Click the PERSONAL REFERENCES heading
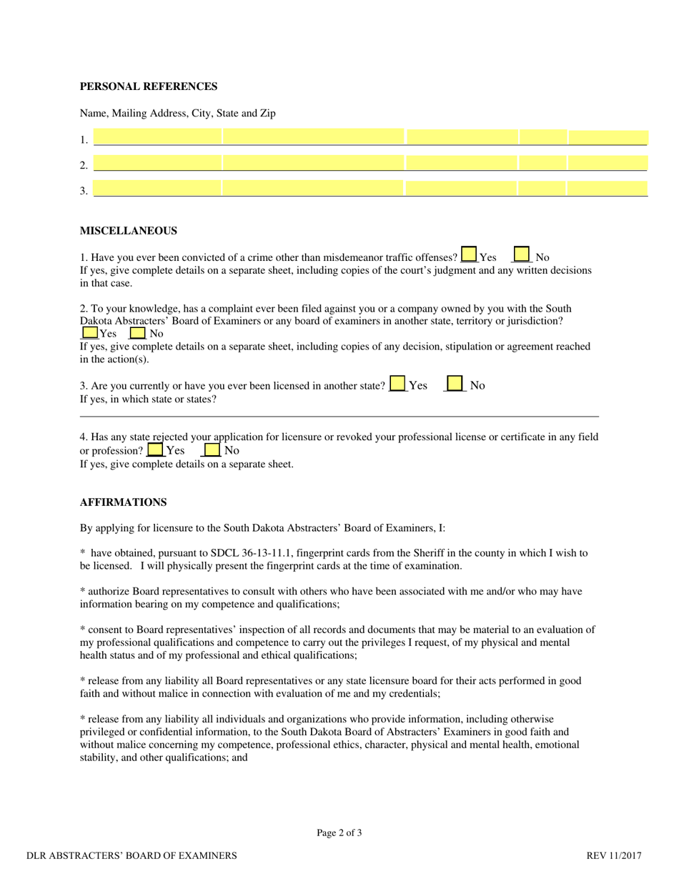point(149,86)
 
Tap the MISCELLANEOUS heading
point(128,231)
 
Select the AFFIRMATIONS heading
point(123,502)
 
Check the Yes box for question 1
point(469,255)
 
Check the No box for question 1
point(522,255)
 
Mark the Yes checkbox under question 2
point(90,332)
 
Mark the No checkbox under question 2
point(138,333)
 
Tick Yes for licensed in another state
point(398,384)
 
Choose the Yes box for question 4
point(155,450)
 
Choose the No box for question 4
point(212,450)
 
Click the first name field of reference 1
point(157,137)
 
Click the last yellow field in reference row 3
point(608,189)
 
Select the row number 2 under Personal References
point(84,166)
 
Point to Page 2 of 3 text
point(339,833)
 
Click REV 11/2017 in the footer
point(614,855)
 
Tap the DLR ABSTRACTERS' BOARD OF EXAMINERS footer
point(132,855)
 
